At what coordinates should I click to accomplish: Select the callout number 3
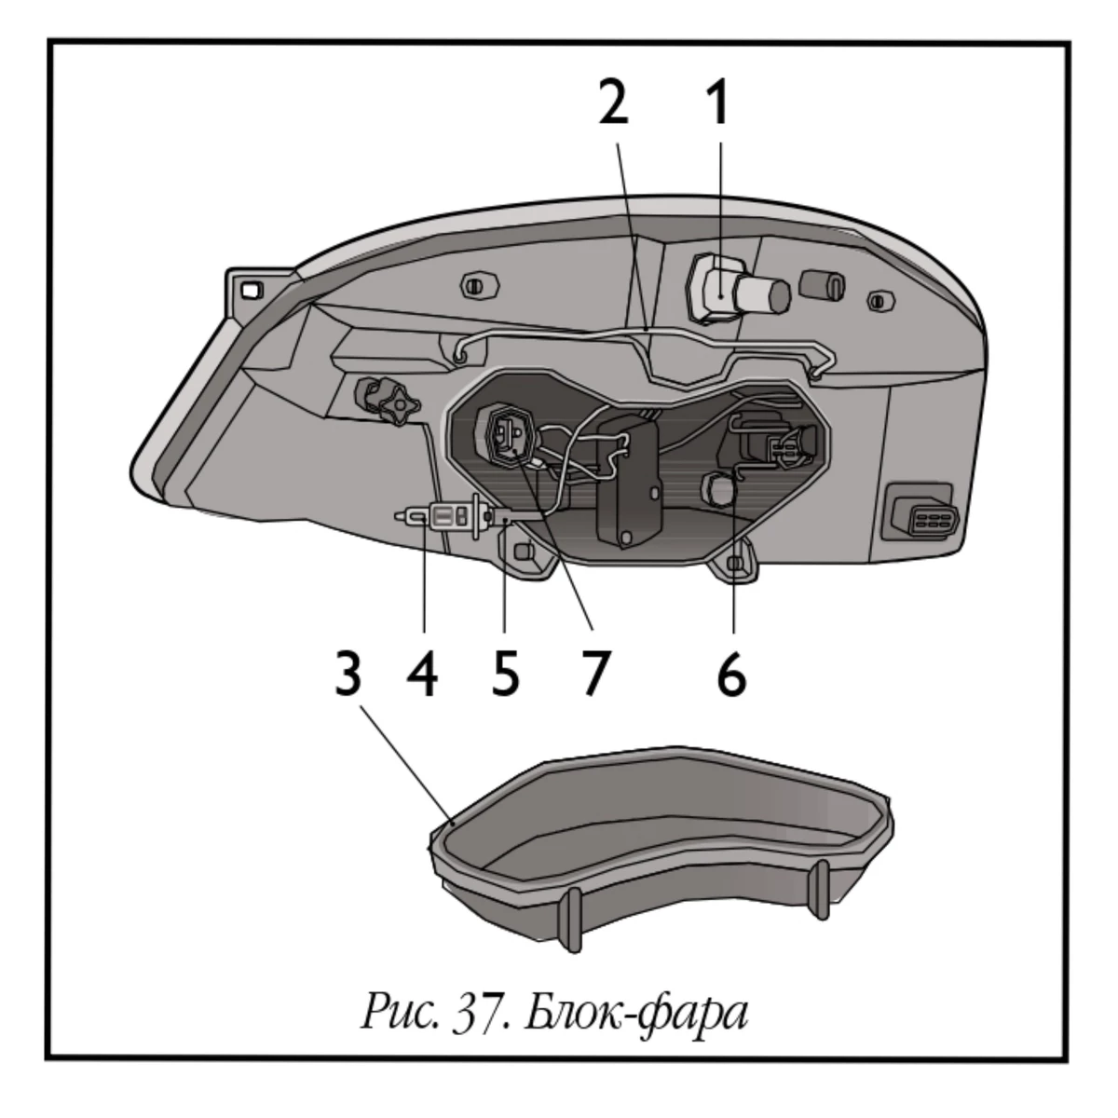point(348,675)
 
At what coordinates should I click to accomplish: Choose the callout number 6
point(731,675)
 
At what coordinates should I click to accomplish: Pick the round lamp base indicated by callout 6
point(719,489)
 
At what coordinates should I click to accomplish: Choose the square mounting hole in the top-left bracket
point(249,290)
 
